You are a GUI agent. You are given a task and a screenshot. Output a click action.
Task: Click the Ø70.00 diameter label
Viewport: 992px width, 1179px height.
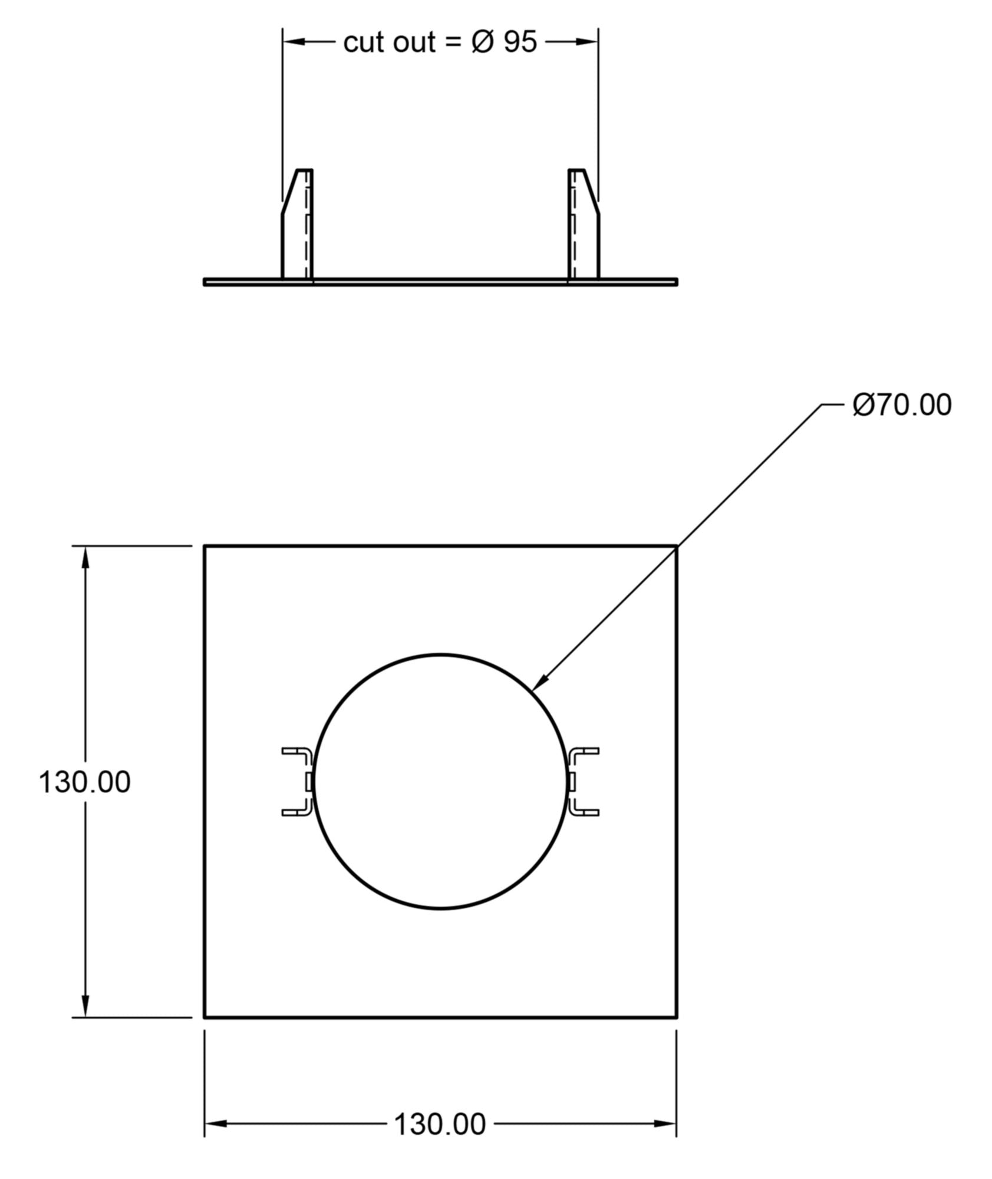[x=901, y=406]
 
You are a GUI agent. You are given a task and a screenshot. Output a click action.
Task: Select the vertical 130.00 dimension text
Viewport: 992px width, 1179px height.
[x=84, y=782]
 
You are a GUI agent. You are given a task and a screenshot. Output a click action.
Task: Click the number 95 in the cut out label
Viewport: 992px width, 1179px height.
[x=520, y=42]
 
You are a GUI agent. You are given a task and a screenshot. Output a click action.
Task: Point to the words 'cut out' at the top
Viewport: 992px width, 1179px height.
[x=390, y=42]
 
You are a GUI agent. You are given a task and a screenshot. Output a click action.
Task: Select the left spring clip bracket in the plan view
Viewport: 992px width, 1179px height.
[x=298, y=782]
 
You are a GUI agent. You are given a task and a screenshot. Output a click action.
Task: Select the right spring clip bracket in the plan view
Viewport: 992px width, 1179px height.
[x=582, y=782]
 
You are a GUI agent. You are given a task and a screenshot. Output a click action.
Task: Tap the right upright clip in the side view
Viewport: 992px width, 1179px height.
[x=584, y=224]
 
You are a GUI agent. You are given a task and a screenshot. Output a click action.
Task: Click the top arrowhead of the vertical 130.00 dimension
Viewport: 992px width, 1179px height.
[x=86, y=557]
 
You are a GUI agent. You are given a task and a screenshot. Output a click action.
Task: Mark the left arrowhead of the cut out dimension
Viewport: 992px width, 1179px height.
[x=294, y=41]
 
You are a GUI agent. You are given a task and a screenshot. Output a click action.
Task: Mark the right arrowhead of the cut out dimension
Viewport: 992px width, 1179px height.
[x=588, y=41]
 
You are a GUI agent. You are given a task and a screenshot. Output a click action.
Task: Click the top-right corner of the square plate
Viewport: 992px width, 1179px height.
[x=676, y=546]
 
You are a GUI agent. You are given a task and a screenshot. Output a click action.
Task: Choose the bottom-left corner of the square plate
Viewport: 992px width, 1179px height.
[x=205, y=1017]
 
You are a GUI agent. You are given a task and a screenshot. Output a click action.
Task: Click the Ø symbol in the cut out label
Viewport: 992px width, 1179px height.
[x=482, y=42]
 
